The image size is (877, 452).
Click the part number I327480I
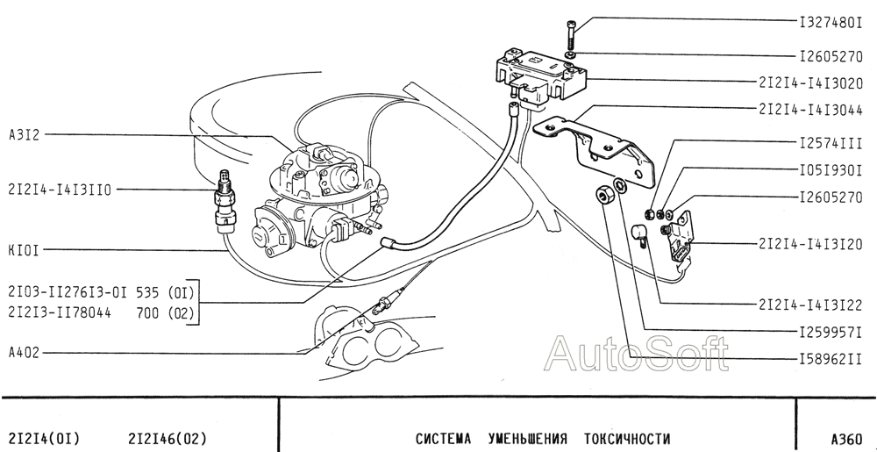[x=831, y=23]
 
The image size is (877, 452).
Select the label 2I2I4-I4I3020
[x=811, y=83]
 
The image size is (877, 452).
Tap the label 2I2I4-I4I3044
[x=811, y=110]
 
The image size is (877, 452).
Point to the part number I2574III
[x=831, y=143]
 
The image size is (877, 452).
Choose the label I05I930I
[x=831, y=170]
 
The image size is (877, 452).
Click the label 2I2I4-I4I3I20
[x=811, y=245]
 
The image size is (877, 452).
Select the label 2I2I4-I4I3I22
[x=811, y=305]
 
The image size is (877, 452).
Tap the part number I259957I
[x=831, y=333]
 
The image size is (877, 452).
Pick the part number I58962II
[x=831, y=359]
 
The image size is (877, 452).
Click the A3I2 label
[x=25, y=135]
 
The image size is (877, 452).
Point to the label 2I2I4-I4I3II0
[x=60, y=190]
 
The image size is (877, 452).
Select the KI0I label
[x=24, y=250]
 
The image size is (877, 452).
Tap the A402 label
[x=24, y=353]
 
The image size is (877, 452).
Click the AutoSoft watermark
[x=637, y=354]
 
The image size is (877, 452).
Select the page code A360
[x=847, y=438]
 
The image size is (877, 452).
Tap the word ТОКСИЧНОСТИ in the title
[x=627, y=438]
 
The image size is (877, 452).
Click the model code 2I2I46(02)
[x=168, y=438]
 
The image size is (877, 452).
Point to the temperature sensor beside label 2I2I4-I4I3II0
[x=226, y=200]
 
